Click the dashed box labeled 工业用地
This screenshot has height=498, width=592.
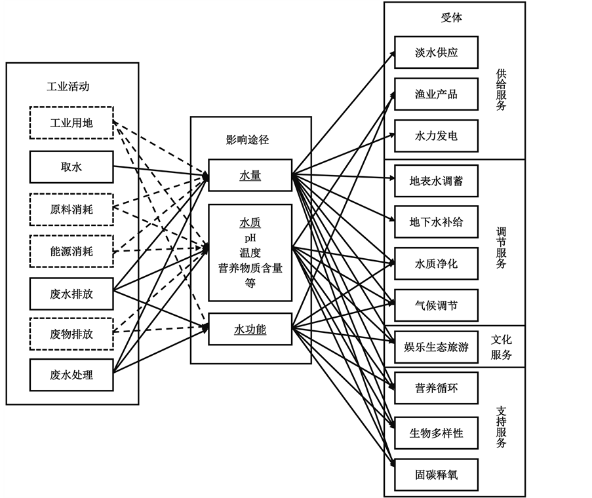(71, 123)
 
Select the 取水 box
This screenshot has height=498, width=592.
(71, 167)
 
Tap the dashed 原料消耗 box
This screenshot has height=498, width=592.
(71, 210)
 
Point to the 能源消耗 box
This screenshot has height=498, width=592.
(71, 252)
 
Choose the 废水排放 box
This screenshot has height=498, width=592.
(71, 294)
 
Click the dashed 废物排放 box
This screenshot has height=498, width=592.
(71, 334)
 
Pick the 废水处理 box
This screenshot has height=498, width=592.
(71, 375)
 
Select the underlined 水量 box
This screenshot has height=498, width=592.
(250, 175)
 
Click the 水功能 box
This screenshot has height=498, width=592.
(250, 329)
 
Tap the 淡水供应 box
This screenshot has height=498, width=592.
(436, 52)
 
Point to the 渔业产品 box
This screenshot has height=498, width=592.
(436, 94)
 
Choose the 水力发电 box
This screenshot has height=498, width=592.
(436, 136)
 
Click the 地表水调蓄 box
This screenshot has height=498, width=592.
(436, 181)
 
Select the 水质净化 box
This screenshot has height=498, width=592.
(436, 264)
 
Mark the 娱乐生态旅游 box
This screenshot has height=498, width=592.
(436, 347)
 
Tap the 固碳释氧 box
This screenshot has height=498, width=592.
(436, 474)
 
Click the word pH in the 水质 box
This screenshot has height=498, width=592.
(250, 237)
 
